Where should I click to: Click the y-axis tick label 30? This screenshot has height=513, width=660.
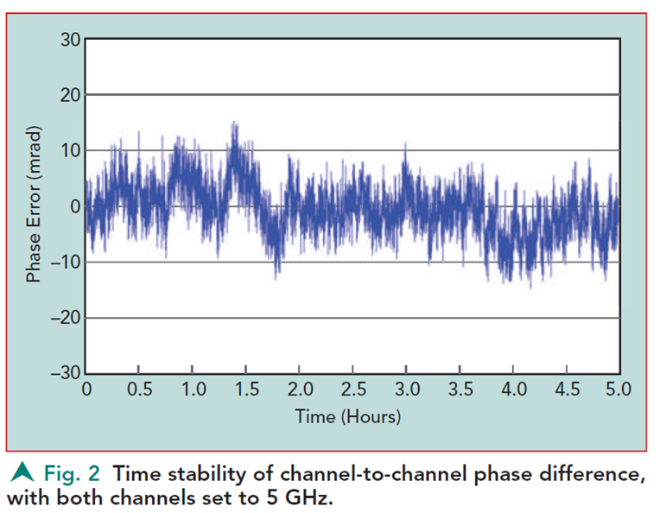coord(69,40)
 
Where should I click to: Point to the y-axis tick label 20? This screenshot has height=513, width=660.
coord(69,95)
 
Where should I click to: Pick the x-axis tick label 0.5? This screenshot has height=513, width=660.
coord(140,389)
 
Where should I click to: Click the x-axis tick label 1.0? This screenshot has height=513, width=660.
coord(194,389)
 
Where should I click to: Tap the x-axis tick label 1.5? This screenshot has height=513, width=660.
coord(246,389)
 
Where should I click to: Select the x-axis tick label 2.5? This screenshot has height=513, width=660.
coord(353,389)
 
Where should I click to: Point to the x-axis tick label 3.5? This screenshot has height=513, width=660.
coord(460,389)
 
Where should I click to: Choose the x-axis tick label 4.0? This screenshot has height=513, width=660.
coord(513,389)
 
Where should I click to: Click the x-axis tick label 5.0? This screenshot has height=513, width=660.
coord(619,389)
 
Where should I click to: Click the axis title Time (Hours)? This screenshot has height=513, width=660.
coord(348,416)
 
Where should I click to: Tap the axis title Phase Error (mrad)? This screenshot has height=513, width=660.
coord(35,207)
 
